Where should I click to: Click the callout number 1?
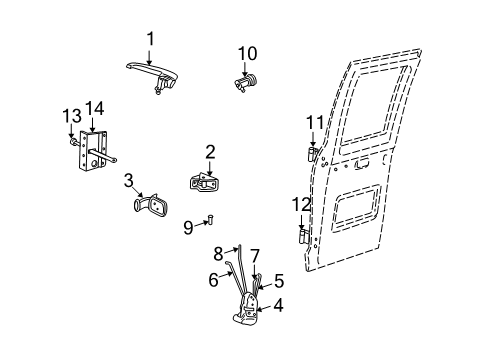click(151, 38)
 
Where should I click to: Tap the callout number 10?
click(247, 52)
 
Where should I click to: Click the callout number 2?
click(210, 152)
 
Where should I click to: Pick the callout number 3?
click(129, 180)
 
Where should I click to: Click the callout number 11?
click(313, 124)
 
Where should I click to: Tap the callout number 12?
click(302, 204)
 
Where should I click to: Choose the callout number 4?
click(278, 306)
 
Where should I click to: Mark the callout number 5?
click(279, 281)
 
